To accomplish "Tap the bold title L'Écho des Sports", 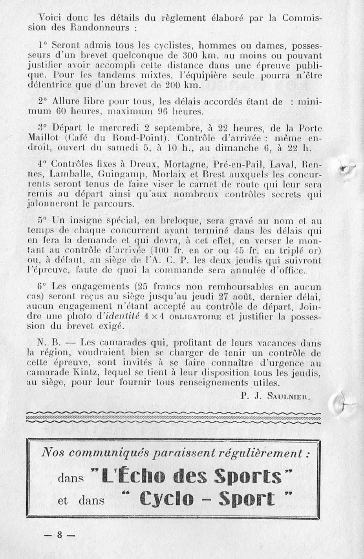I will click(x=192, y=478).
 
